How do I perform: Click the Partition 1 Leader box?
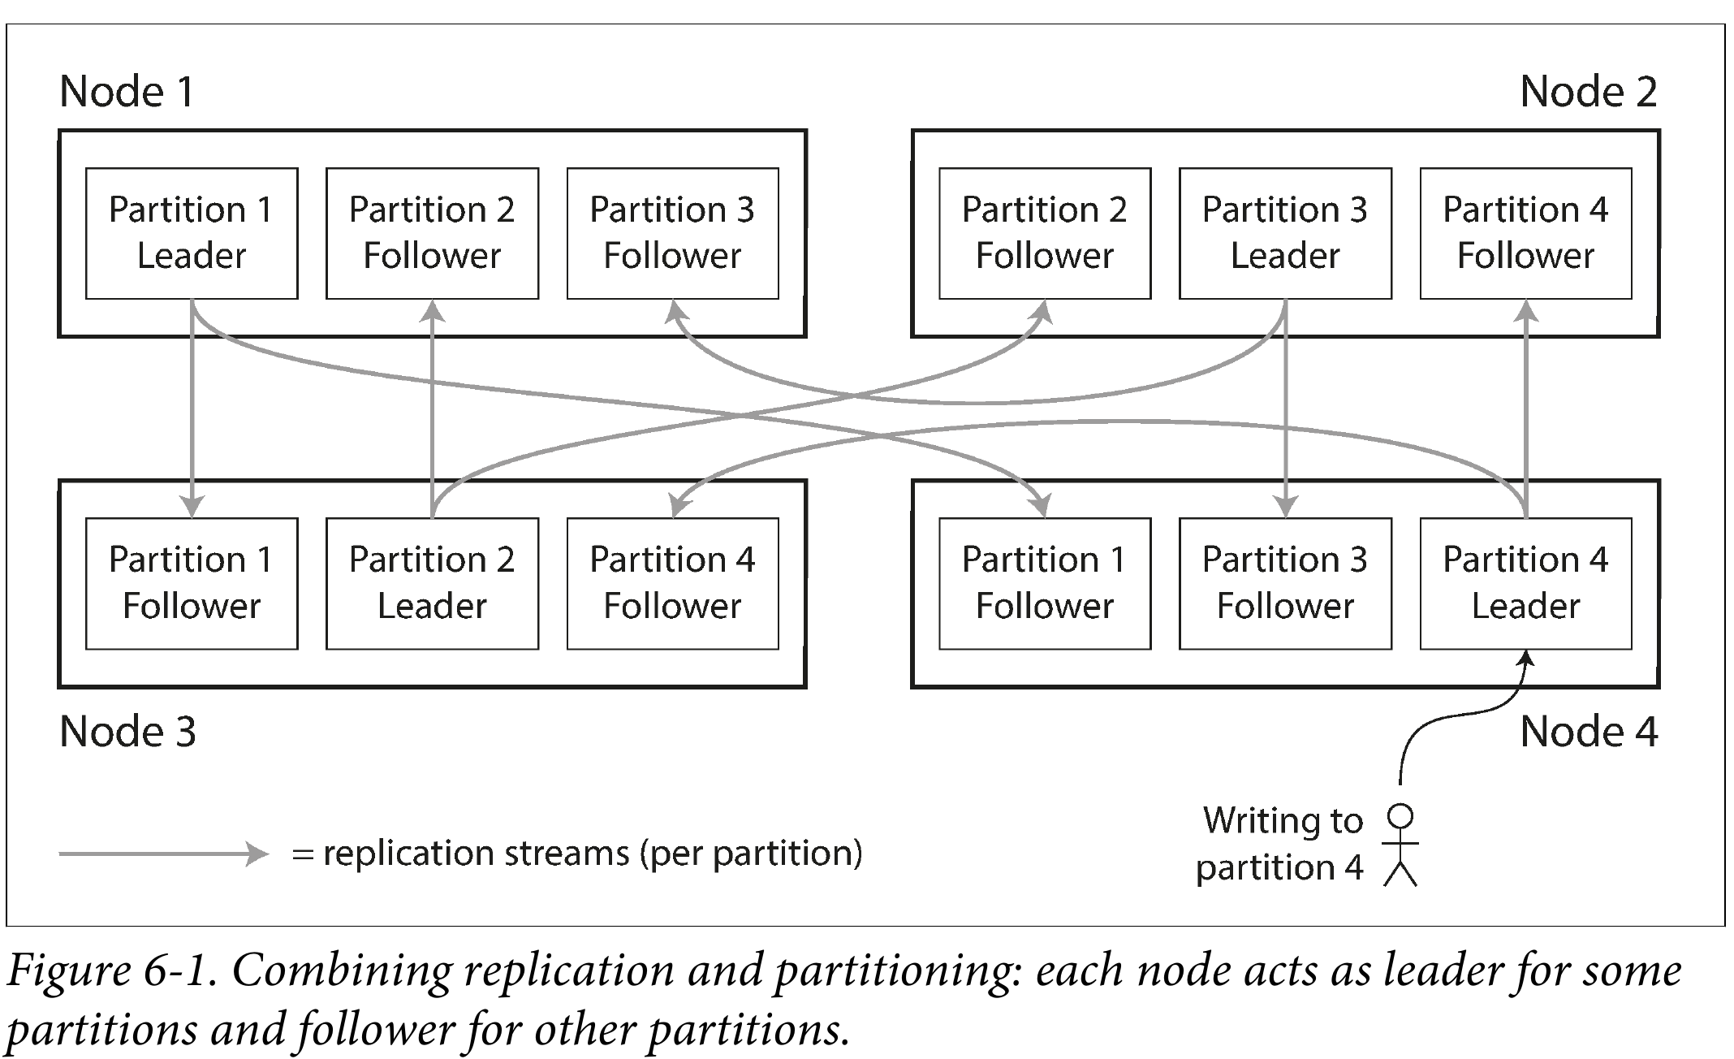pos(192,233)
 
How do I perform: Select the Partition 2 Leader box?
pos(432,583)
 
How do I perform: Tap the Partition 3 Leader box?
pos(1285,233)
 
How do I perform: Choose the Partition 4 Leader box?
pos(1525,583)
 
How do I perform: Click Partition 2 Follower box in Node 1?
pos(432,233)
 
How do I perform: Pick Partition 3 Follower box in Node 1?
pos(672,233)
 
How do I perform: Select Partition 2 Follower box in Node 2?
pos(1045,233)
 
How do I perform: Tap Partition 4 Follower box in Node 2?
pos(1525,233)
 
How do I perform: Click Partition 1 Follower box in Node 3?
pos(192,583)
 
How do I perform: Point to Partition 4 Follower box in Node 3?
pos(672,583)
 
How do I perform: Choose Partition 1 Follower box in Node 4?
pos(1045,583)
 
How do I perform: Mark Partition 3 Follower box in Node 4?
pos(1285,583)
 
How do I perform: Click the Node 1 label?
pos(127,91)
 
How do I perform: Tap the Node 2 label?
pos(1589,91)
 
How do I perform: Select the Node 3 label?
pos(127,731)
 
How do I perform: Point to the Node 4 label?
pos(1589,731)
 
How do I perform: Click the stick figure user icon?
pos(1401,845)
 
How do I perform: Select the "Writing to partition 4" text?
pos(1281,844)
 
